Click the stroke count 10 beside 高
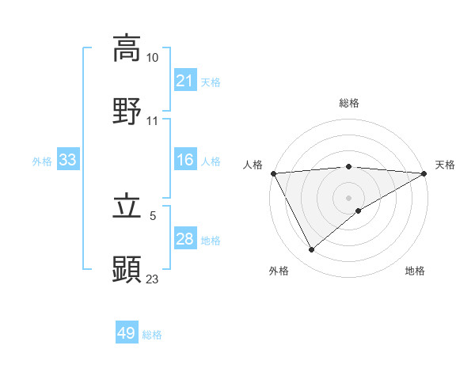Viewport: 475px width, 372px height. pos(152,59)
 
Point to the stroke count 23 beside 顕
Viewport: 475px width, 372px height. pos(152,278)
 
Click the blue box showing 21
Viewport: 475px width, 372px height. pos(184,81)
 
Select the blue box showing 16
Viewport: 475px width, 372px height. pos(184,161)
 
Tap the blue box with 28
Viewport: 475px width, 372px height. pos(184,240)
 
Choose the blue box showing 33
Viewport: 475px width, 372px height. pos(68,161)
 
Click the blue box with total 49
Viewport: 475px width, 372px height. pos(127,334)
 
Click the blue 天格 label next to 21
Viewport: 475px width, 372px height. pos(211,82)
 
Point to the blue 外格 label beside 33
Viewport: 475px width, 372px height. pos(42,161)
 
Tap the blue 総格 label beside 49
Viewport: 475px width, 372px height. pos(152,335)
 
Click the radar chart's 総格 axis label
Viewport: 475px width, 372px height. pos(348,103)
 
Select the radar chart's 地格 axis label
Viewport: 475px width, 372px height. pos(415,271)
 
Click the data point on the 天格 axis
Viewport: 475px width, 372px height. pos(425,173)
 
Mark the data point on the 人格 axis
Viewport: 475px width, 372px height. pos(272,173)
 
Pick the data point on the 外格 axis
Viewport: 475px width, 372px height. pos(311,249)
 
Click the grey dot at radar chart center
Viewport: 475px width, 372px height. pos(348,197)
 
